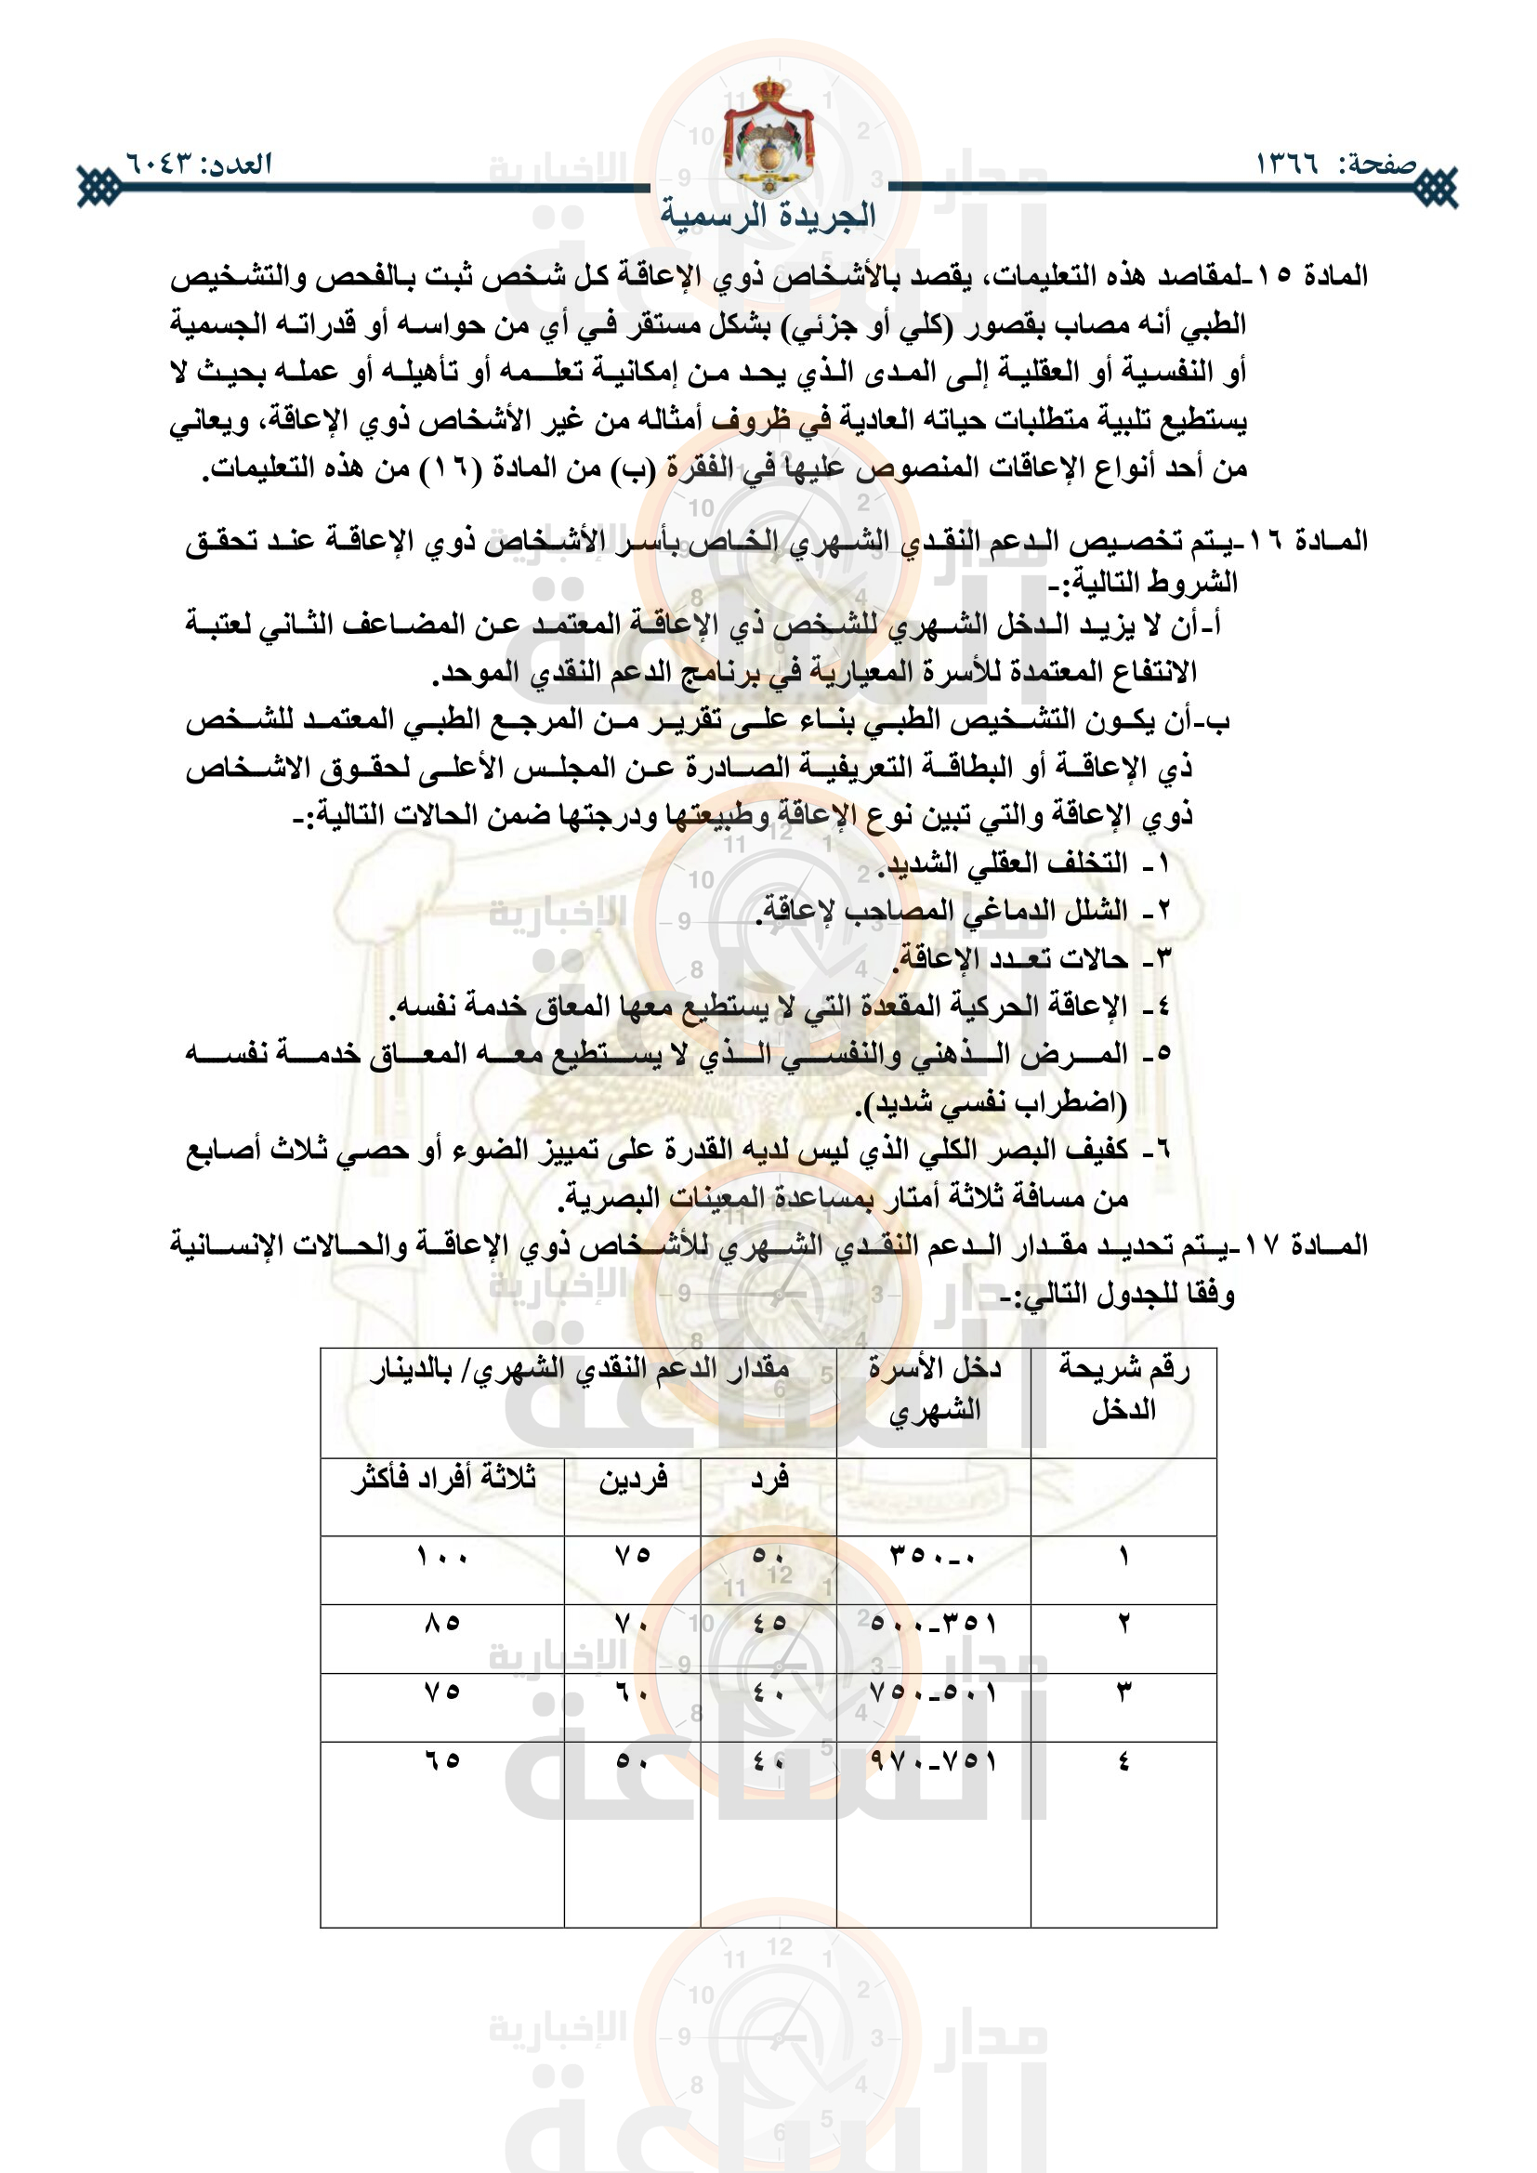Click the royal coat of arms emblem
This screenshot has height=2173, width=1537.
[768, 138]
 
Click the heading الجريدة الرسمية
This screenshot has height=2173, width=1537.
[768, 215]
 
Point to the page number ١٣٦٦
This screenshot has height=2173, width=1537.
[1287, 163]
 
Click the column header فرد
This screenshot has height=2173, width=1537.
[768, 1479]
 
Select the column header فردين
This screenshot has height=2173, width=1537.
[632, 1479]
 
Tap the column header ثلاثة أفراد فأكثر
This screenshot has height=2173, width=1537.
[442, 1479]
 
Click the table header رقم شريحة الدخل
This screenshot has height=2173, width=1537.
[1123, 1389]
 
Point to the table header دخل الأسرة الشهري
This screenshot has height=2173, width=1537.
[934, 1389]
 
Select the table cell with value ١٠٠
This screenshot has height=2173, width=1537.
[442, 1556]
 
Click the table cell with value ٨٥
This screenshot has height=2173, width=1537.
[442, 1623]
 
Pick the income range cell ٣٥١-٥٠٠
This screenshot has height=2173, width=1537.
[933, 1623]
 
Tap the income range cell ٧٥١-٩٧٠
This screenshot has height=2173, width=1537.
[933, 1760]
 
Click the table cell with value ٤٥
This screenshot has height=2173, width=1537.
[768, 1623]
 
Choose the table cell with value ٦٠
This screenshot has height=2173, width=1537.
[632, 1692]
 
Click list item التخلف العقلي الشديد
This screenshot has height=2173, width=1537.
[1004, 863]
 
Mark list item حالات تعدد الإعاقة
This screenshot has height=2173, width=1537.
[1013, 959]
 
